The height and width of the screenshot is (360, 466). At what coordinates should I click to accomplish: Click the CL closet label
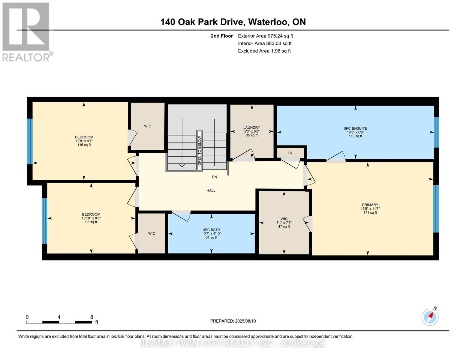(290, 153)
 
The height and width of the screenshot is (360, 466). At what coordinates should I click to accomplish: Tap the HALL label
(211, 190)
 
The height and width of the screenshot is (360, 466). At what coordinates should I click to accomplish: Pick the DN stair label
(215, 177)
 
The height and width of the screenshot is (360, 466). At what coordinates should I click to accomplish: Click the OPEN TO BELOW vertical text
(200, 151)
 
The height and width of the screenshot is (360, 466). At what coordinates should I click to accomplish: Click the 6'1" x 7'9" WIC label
(284, 223)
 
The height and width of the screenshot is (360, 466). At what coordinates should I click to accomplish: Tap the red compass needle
(431, 316)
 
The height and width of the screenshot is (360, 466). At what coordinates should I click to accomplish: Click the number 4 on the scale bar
(59, 317)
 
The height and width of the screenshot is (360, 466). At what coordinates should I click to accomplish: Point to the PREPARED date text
(233, 321)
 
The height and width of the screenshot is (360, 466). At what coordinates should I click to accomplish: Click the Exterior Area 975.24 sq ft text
(265, 36)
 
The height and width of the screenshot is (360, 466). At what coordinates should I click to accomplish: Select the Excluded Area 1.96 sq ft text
(264, 51)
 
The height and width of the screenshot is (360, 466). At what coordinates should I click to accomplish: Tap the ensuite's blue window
(437, 132)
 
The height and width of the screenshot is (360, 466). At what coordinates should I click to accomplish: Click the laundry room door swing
(243, 155)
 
